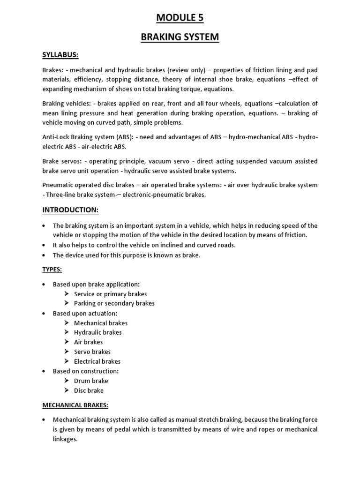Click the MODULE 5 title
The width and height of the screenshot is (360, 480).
point(180,18)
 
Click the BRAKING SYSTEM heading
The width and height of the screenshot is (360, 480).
point(180,37)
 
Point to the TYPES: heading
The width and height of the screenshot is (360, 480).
point(52,270)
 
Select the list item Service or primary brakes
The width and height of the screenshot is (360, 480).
point(110,294)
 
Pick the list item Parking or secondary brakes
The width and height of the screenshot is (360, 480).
point(114,303)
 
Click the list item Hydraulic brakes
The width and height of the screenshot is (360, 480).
point(97,332)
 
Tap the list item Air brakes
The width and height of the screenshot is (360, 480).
point(88,342)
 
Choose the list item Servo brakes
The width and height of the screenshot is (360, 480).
point(92,352)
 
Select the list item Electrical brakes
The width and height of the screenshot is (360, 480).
point(97,361)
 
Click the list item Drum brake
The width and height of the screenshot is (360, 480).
point(91,381)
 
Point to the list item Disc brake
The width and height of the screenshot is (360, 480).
point(89,390)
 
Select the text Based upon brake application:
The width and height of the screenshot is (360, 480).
point(96,284)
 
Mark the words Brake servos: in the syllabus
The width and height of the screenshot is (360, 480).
point(60,161)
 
